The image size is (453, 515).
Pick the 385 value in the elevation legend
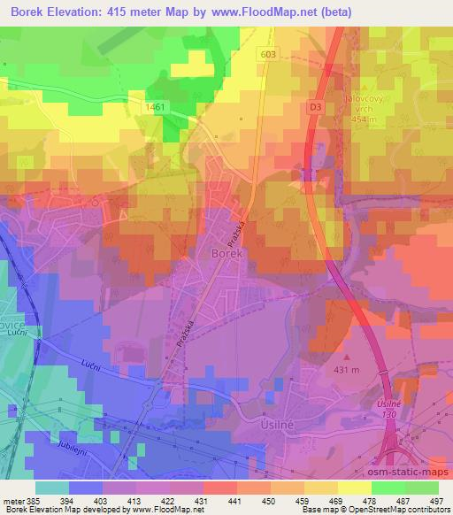coord(35,500)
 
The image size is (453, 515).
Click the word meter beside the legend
coord(13,500)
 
